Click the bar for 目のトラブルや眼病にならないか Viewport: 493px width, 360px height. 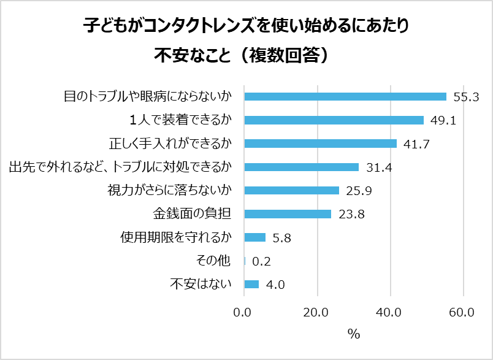pyautogui.click(x=345, y=96)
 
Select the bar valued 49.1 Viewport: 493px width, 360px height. pyautogui.click(x=334, y=120)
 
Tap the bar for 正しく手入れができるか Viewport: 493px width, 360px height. pyautogui.click(x=320, y=144)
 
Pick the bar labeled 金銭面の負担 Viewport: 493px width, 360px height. pyautogui.click(x=288, y=214)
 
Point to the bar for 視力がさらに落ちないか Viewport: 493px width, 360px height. pyautogui.click(x=291, y=190)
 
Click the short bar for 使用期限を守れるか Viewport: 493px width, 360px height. pyautogui.click(x=254, y=237)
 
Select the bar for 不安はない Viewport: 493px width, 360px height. pyautogui.click(x=251, y=284)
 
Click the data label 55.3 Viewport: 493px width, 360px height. pyautogui.click(x=465, y=96)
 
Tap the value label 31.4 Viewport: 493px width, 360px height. pyautogui.click(x=378, y=167)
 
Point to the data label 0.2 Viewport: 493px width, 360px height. pyautogui.click(x=261, y=261)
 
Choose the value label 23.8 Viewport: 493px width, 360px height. pyautogui.click(x=350, y=214)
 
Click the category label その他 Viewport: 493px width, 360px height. pyautogui.click(x=213, y=261)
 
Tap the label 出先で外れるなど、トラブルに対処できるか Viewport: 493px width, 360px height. pyautogui.click(x=120, y=167)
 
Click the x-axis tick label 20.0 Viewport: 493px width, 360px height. pyautogui.click(x=316, y=312)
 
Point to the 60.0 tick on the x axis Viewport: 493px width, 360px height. pyautogui.click(x=462, y=312)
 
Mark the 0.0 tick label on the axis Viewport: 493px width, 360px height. pyautogui.click(x=243, y=312)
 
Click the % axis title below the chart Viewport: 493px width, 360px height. pyautogui.click(x=353, y=334)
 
